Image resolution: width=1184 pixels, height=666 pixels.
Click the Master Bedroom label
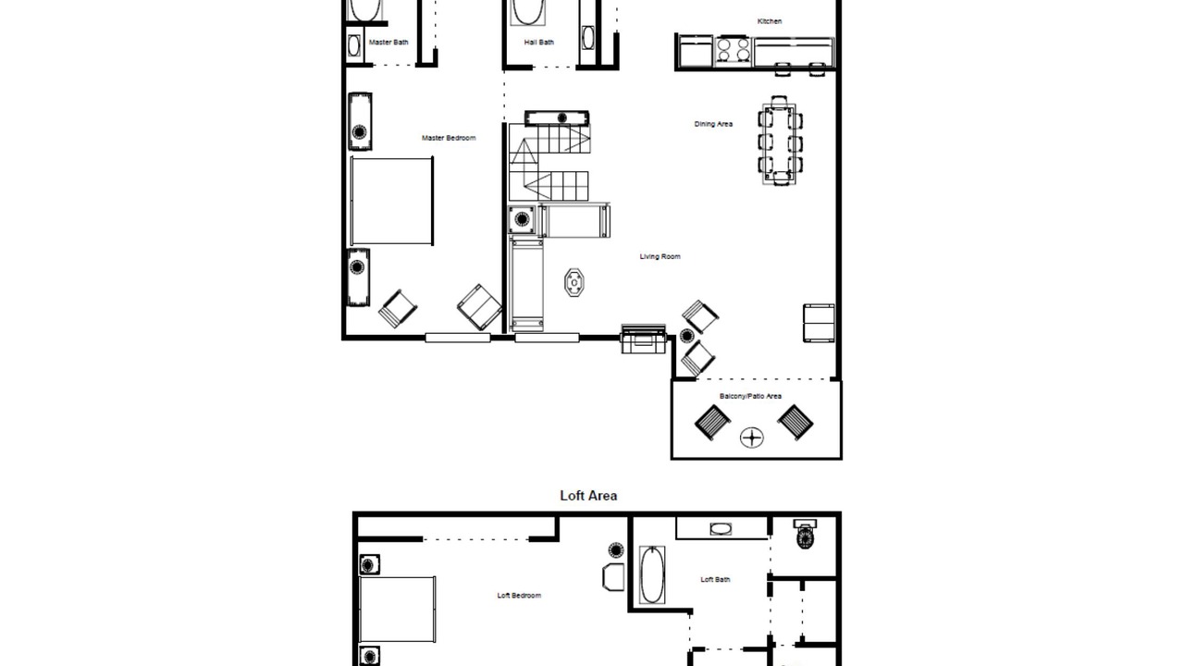click(449, 138)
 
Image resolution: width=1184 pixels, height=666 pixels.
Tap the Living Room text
click(660, 256)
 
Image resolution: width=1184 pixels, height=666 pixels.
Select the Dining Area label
click(713, 124)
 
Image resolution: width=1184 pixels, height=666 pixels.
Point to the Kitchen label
click(769, 21)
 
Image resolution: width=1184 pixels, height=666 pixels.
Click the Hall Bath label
click(538, 43)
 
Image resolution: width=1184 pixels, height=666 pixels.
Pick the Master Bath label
click(388, 43)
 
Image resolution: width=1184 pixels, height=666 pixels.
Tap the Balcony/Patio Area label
click(750, 396)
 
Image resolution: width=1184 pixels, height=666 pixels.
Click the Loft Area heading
click(588, 495)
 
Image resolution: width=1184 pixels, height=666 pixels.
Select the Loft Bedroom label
click(519, 595)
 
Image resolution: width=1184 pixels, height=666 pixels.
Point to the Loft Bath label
click(715, 579)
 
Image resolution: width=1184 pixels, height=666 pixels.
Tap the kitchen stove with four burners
click(733, 50)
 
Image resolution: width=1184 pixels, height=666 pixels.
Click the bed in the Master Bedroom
click(391, 201)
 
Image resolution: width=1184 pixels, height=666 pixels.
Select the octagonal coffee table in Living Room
click(573, 283)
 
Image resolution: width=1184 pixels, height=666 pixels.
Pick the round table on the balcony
click(751, 438)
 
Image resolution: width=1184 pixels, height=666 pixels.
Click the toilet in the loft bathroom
click(805, 535)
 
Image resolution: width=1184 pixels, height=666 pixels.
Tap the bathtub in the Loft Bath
click(652, 575)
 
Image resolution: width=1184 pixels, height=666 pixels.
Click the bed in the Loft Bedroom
click(397, 610)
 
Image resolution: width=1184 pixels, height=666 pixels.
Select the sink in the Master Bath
click(354, 46)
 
